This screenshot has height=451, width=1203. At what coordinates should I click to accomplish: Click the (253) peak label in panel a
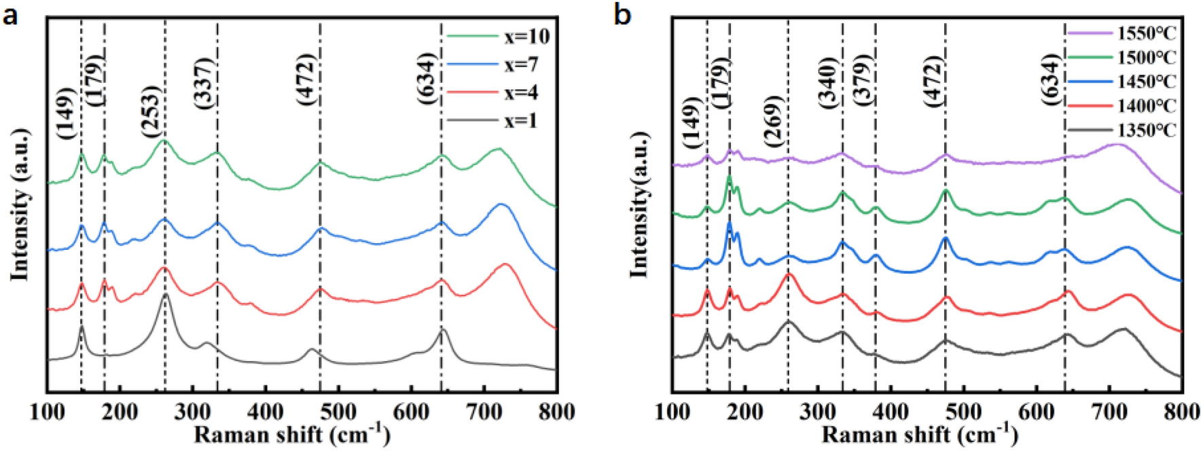click(151, 113)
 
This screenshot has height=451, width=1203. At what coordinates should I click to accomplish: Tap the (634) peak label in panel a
click(427, 78)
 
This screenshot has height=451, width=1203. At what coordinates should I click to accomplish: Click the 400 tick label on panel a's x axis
click(265, 412)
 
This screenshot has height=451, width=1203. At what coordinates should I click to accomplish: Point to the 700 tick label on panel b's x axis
click(1110, 412)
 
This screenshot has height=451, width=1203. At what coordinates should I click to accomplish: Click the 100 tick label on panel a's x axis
click(48, 412)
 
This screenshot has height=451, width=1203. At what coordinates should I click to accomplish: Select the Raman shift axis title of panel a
click(292, 435)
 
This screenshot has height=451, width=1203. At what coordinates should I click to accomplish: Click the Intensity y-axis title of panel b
click(639, 204)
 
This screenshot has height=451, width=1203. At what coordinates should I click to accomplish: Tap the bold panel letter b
click(622, 15)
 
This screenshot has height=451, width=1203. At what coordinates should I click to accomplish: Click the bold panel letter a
click(10, 15)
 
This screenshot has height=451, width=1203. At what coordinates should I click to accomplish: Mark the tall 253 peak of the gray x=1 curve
click(166, 295)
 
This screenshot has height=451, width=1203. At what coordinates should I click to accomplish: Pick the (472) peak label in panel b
click(934, 82)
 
